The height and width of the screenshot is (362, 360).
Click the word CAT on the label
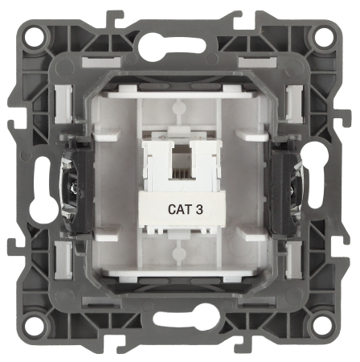(179, 209)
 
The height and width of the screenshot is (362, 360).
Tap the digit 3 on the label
(199, 209)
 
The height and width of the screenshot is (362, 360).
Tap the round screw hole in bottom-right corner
(325, 323)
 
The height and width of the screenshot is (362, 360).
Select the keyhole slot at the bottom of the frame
(186, 318)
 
